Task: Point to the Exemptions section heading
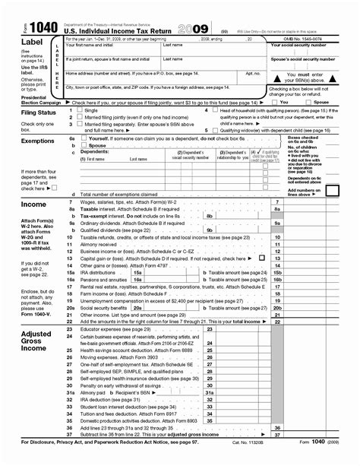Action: coord(26,141)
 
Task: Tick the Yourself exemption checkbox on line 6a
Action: coord(83,139)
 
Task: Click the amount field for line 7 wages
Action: coord(315,202)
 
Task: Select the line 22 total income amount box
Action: coord(315,322)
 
